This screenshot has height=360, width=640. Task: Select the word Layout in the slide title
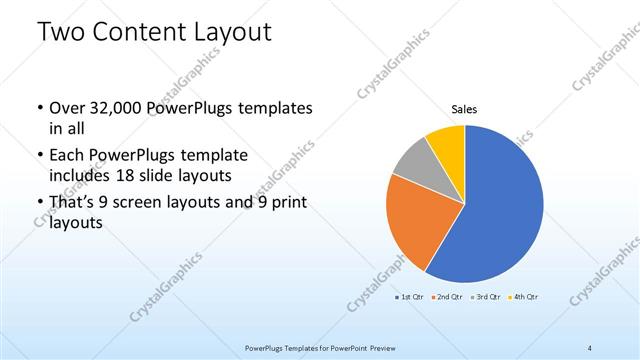232,33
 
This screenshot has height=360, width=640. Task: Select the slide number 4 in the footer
590,347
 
